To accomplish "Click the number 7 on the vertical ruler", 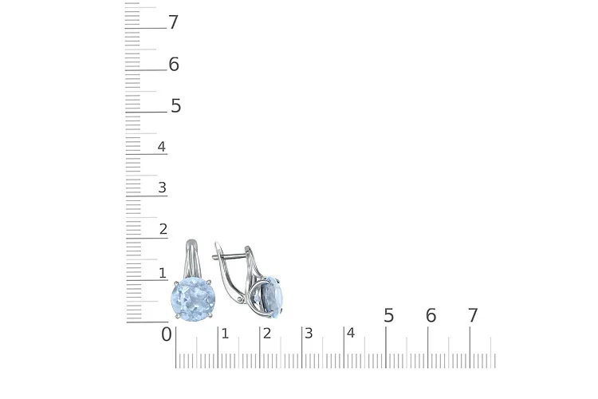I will pos(173,22).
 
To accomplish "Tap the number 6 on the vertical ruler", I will pos(174,65).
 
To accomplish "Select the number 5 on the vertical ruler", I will pos(175,106).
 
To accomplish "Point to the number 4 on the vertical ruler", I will pos(162,147).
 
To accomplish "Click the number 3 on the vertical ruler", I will pos(163,188).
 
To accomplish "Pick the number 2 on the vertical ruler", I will pos(163,230).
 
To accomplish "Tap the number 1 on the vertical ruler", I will pos(163,273).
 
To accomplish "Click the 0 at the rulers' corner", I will pos(166,334).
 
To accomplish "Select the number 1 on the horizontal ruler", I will pos(225,333).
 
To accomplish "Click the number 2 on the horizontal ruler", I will pos(266,333).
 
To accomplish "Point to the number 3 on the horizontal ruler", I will pos(309,333).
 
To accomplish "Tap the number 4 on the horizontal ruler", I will pos(350,333).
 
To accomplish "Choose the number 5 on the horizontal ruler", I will pos(389,316).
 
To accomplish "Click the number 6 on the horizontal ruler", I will pos(431,316).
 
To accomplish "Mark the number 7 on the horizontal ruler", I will pos(473,316).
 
